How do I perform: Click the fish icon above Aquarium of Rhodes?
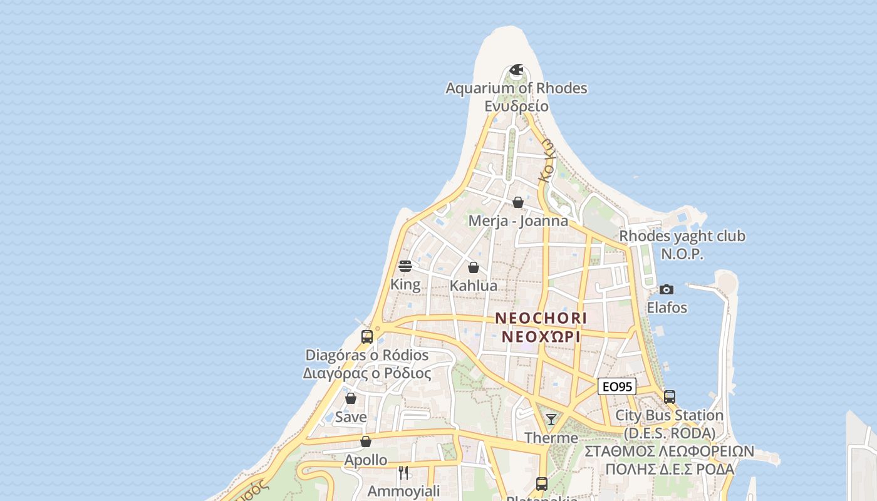pos(516,70)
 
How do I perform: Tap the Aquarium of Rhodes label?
pos(516,88)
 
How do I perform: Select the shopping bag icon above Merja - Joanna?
pos(518,202)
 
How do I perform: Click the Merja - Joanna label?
pos(518,221)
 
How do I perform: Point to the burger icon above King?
pos(405,266)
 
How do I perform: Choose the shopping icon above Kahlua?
pos(474,267)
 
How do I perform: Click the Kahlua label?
pos(474,286)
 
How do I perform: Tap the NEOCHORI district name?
pos(541,318)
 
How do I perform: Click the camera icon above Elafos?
pos(667,289)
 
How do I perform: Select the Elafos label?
pos(667,308)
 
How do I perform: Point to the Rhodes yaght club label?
pos(682,237)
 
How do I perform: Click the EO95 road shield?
pos(616,387)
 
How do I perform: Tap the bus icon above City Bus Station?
pos(669,396)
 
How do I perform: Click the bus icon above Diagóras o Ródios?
pos(367,336)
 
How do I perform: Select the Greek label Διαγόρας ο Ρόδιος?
pos(367,374)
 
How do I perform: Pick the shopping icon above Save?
pos(351,398)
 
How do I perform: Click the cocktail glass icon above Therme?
pos(551,419)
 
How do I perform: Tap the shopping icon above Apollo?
pos(366,442)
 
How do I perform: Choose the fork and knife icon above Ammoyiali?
pos(403,472)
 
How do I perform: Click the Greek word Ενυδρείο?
pos(516,106)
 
